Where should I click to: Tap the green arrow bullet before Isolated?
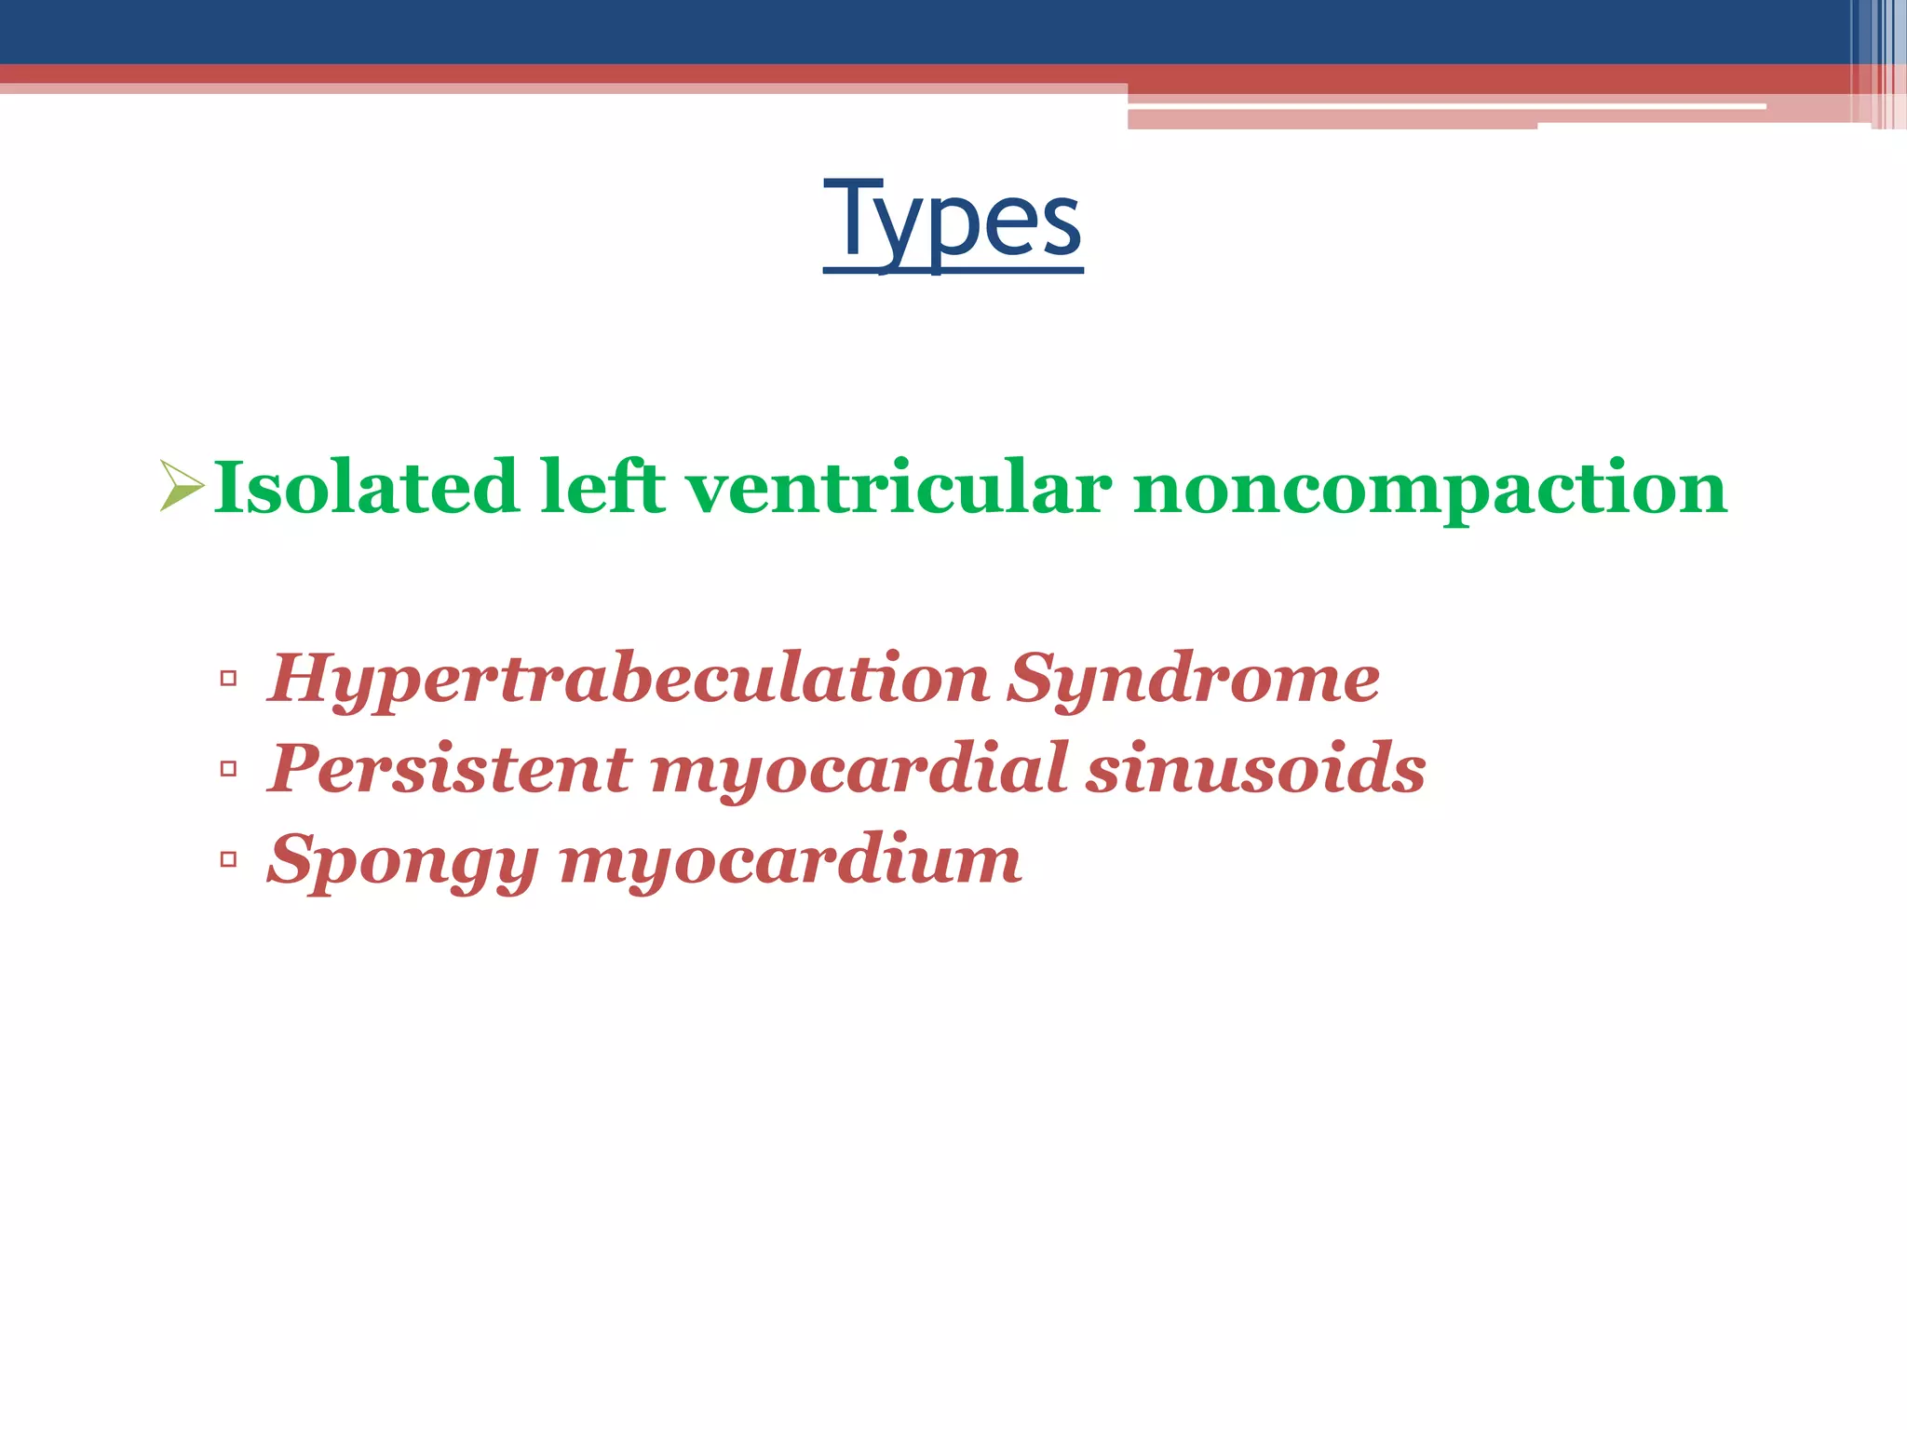click(x=181, y=486)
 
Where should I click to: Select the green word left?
click(x=603, y=487)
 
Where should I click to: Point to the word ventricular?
click(x=899, y=488)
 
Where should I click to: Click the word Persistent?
click(x=450, y=769)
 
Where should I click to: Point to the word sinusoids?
click(x=1256, y=769)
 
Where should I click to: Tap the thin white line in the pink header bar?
click(x=1443, y=107)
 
